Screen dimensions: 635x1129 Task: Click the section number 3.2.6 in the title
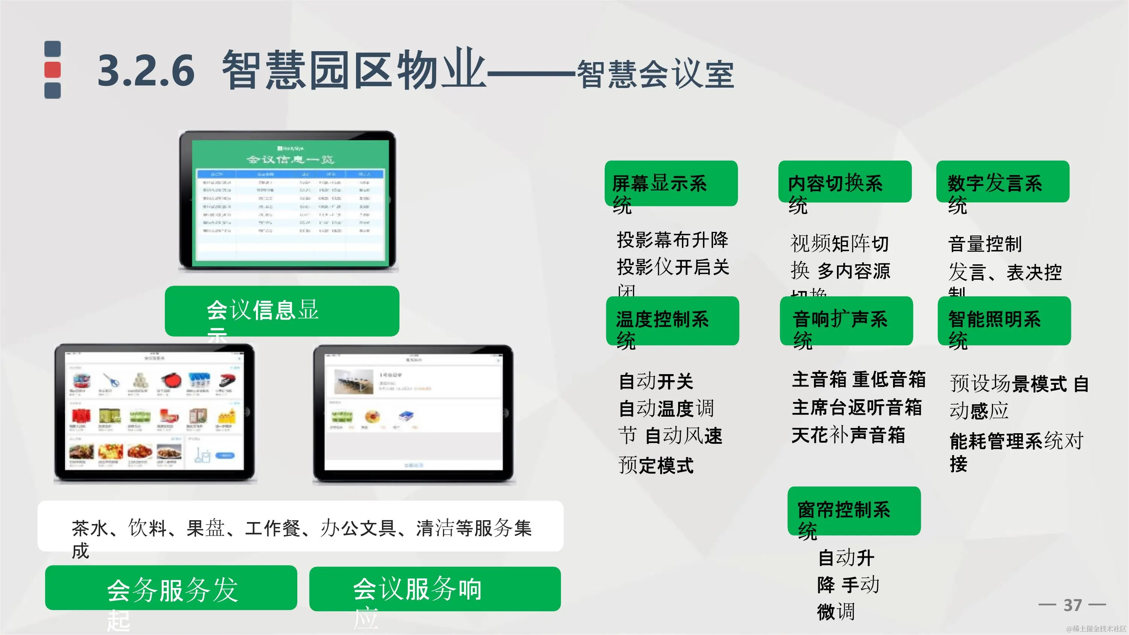click(146, 70)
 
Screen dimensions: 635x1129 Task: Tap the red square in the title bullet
click(53, 70)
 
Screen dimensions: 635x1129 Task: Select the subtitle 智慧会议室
click(655, 75)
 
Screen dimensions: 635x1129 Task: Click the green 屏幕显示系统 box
click(671, 183)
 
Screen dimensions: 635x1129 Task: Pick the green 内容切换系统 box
click(844, 182)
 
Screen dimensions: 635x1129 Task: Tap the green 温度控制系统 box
click(672, 320)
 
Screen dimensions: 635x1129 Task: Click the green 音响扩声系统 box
click(846, 320)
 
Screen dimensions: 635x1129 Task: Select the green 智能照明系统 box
click(1004, 320)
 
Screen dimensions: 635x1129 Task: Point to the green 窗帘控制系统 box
click(854, 510)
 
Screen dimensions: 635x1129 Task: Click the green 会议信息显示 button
click(282, 311)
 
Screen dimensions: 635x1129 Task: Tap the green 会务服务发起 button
click(171, 588)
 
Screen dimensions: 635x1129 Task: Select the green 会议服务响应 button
click(435, 589)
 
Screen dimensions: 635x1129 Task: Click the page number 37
click(1073, 605)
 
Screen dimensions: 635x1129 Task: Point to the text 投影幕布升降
click(672, 240)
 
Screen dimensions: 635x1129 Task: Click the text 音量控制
click(985, 244)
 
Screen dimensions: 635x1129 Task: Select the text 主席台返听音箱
click(857, 407)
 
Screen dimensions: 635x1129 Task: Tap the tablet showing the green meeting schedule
click(288, 200)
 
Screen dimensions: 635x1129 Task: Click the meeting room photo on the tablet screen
click(353, 382)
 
